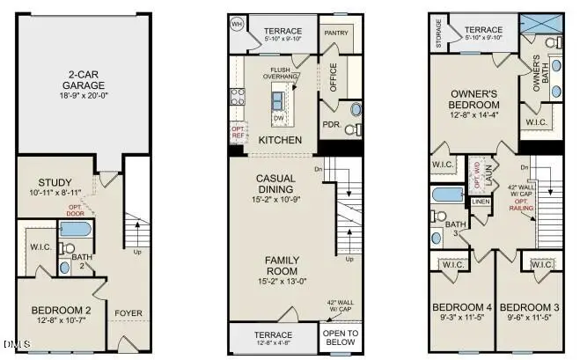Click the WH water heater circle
coord(237,25)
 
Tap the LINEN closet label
coord(481,202)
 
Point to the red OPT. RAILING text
coord(522,207)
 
